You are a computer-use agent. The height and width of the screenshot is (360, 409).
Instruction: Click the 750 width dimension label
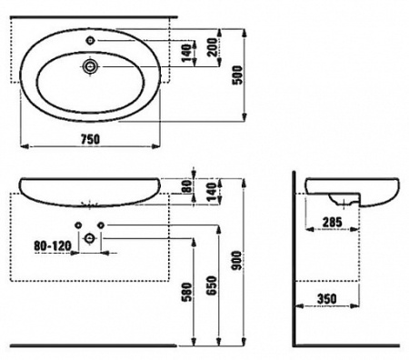pos(90,139)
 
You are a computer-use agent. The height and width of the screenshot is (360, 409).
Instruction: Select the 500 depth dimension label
pos(238,75)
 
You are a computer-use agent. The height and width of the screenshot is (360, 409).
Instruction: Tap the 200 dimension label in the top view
pos(213,47)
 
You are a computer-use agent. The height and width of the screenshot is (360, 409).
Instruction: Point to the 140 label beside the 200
pos(187,53)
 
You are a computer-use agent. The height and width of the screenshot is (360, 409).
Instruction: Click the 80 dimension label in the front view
pos(188,186)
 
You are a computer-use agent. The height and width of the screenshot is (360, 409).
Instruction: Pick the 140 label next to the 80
pos(212,192)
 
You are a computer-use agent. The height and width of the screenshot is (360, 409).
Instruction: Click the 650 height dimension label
pos(212,285)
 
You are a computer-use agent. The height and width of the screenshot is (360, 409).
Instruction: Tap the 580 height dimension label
pos(186,292)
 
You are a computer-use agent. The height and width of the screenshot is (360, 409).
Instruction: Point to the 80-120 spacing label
pos(53,245)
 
